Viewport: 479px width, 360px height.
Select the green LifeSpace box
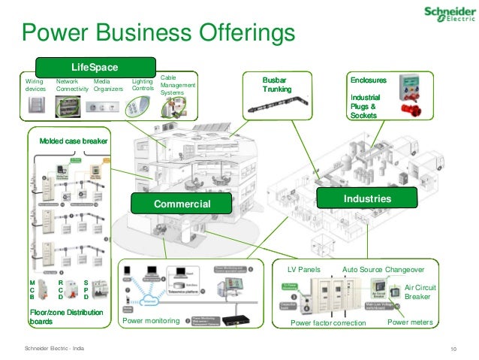(x=95, y=65)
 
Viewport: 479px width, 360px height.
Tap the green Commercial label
(x=182, y=204)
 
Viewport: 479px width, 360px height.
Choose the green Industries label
(x=367, y=198)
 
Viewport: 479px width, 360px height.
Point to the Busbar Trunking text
(x=275, y=84)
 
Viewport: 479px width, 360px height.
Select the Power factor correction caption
(x=327, y=323)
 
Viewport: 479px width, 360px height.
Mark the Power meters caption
(x=410, y=322)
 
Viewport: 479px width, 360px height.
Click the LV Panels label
(x=304, y=268)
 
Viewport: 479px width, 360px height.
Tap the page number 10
(x=453, y=348)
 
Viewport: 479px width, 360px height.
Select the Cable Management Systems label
(x=177, y=85)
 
